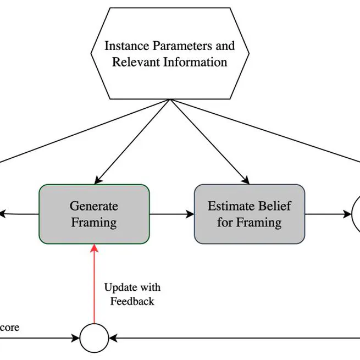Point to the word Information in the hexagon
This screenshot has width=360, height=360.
[x=196, y=62]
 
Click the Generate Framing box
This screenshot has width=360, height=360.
[x=93, y=214]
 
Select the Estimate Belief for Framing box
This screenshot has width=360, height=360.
[x=249, y=214]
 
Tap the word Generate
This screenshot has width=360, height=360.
[x=93, y=206]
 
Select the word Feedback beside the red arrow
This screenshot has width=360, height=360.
[x=132, y=301]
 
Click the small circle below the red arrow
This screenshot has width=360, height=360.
[x=94, y=338]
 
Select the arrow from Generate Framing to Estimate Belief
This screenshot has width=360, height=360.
[x=171, y=214]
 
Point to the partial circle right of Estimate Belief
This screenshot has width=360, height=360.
[x=356, y=214]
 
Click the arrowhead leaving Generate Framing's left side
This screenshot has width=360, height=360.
[x=3, y=213]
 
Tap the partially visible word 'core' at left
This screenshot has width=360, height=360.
[x=9, y=328]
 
